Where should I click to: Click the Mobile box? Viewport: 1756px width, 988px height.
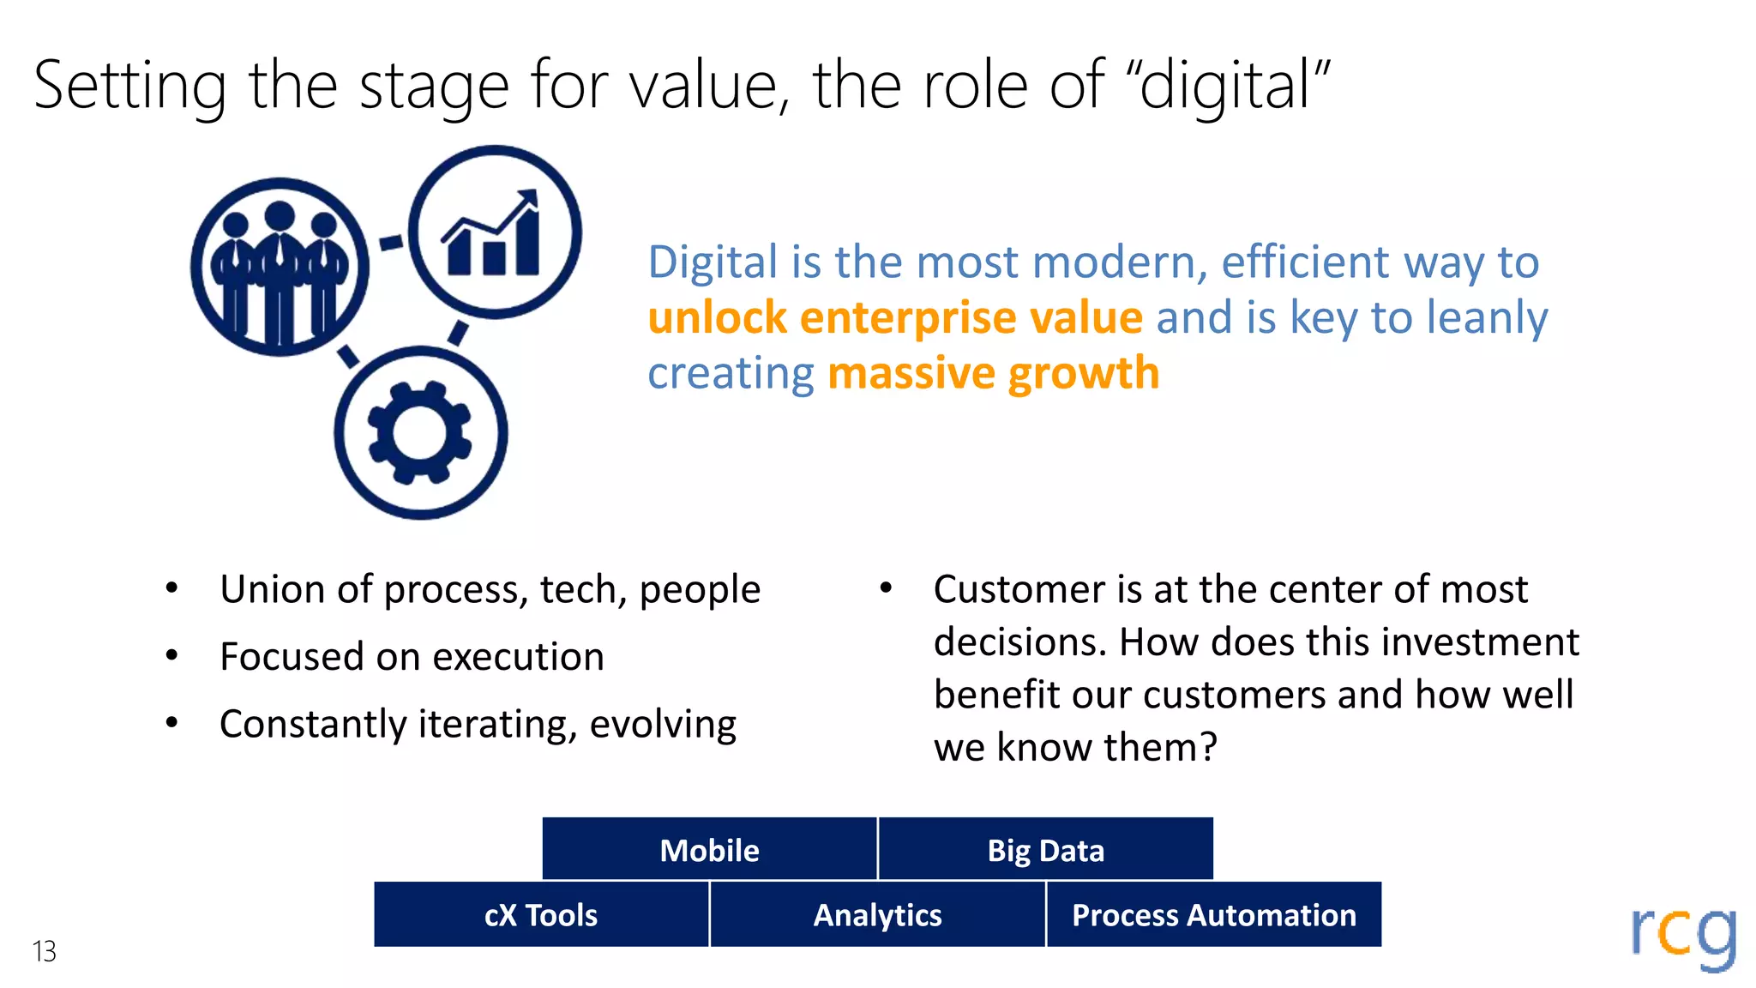[x=709, y=849]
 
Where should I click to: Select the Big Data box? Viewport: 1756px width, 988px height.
[x=1045, y=849]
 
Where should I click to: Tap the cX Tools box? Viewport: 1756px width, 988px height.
[x=541, y=914]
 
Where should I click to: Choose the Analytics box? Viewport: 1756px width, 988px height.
[x=877, y=914]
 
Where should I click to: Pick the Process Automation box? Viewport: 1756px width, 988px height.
[x=1213, y=914]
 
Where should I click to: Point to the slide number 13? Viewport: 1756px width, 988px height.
[x=44, y=951]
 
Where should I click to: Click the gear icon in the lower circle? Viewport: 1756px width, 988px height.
[x=419, y=433]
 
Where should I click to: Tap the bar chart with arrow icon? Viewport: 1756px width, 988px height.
[x=493, y=233]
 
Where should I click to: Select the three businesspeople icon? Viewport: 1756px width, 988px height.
[x=279, y=268]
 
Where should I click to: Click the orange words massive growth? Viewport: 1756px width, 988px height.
[x=993, y=373]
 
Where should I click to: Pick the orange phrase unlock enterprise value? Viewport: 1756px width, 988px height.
[x=894, y=317]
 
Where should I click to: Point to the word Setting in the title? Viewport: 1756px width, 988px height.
[x=129, y=86]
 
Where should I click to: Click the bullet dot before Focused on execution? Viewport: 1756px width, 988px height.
[x=171, y=656]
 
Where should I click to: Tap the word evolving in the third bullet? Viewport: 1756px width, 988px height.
[x=662, y=724]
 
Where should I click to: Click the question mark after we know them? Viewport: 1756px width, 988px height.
[x=1208, y=747]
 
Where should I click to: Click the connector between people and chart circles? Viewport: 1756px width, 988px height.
[x=391, y=243]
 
